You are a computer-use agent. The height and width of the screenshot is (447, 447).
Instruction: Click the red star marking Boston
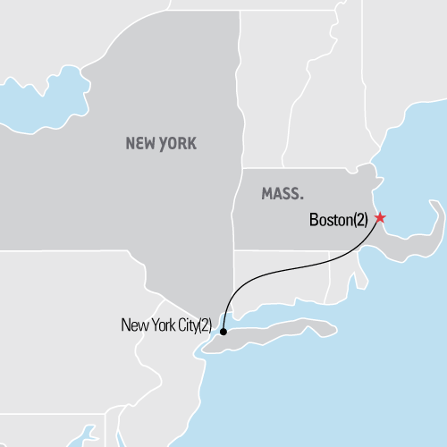point(380,217)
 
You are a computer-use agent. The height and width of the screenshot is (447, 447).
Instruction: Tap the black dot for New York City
point(223,331)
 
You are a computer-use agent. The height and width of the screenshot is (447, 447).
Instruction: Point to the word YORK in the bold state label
point(178,143)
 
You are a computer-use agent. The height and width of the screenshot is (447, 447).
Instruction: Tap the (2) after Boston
point(359,218)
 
